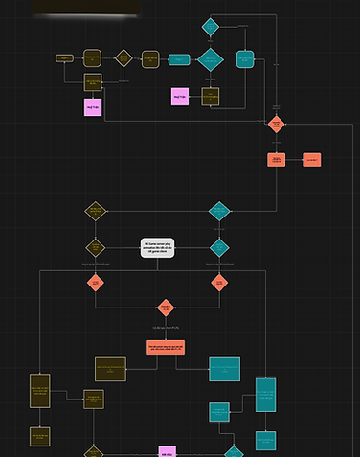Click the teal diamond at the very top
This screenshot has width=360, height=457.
211,27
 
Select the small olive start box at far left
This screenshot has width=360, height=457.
65,58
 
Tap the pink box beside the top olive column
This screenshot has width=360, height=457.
93,106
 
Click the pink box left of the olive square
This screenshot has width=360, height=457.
180,97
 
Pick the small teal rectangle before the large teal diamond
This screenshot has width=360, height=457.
178,59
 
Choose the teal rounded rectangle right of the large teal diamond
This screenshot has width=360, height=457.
245,59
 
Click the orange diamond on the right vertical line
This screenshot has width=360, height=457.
276,124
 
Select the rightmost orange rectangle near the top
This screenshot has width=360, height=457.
311,160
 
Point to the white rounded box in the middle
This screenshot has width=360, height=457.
157,247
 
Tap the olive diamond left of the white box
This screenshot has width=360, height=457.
95,247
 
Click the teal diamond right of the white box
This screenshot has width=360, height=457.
219,247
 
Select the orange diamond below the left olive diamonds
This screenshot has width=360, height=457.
95,282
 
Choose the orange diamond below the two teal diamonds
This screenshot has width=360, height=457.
219,282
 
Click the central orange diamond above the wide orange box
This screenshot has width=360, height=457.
166,308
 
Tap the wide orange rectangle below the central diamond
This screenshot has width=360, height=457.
166,346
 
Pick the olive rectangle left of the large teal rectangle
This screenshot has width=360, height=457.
110,369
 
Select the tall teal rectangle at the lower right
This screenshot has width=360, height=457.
265,395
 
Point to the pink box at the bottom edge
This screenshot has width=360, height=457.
167,451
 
